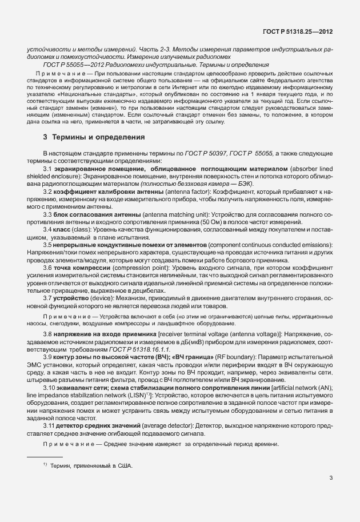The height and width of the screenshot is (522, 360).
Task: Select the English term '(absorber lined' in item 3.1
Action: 310,170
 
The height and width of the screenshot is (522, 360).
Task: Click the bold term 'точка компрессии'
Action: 77,267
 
